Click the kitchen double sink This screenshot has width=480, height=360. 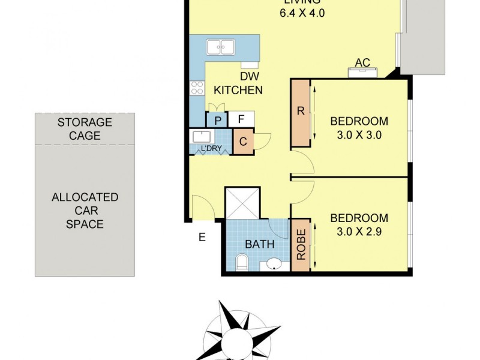pyautogui.click(x=220, y=47)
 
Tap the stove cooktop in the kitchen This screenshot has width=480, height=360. pyautogui.click(x=197, y=89)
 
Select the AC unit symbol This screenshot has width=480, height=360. pyautogui.click(x=363, y=73)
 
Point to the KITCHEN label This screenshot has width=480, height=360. pyautogui.click(x=238, y=90)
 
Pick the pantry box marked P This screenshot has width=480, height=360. pyautogui.click(x=217, y=119)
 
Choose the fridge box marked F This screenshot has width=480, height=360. pyautogui.click(x=241, y=119)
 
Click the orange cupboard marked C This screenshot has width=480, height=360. pyautogui.click(x=244, y=142)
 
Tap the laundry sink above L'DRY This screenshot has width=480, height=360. pyautogui.click(x=199, y=136)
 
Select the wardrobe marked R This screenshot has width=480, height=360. pyautogui.click(x=300, y=113)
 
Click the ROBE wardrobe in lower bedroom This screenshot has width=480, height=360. pyautogui.click(x=299, y=244)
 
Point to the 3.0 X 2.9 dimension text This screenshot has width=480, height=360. pyautogui.click(x=359, y=232)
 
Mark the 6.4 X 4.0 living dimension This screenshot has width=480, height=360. pyautogui.click(x=302, y=13)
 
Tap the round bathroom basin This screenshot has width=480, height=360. pyautogui.click(x=275, y=264)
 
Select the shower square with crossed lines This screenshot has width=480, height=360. pyautogui.click(x=242, y=203)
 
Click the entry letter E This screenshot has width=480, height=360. pyautogui.click(x=202, y=237)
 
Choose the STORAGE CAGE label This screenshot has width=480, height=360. pyautogui.click(x=85, y=129)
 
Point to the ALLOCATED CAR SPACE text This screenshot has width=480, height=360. pyautogui.click(x=85, y=211)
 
